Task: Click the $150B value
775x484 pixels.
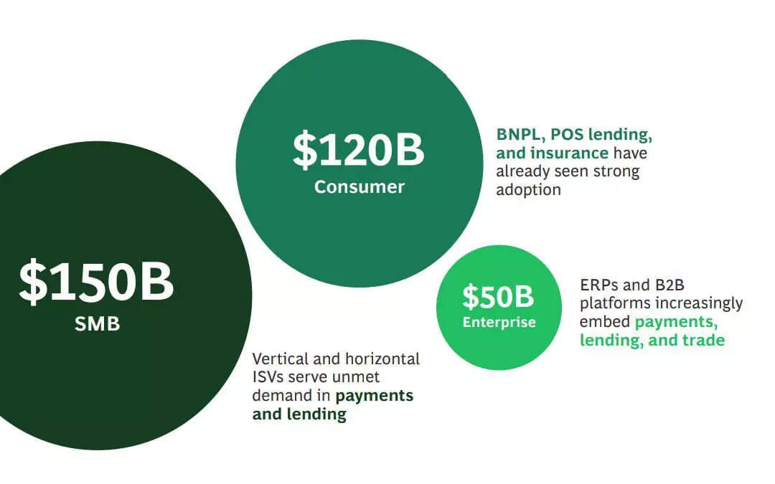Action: pyautogui.click(x=96, y=282)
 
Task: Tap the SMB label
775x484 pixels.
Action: pyautogui.click(x=97, y=324)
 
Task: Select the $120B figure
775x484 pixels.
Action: pyautogui.click(x=358, y=149)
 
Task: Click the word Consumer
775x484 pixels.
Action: pyautogui.click(x=359, y=187)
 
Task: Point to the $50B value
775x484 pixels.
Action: pyautogui.click(x=498, y=296)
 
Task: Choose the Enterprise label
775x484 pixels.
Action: pyautogui.click(x=499, y=322)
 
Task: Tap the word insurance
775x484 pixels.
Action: pyautogui.click(x=569, y=153)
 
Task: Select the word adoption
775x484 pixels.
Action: pyautogui.click(x=528, y=190)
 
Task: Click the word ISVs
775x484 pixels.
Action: pyautogui.click(x=270, y=377)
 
